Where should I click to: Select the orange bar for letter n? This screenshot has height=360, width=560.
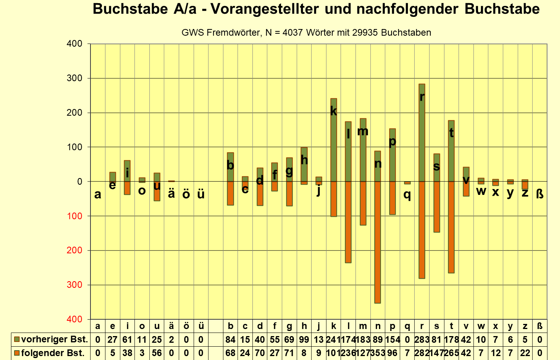(x=377, y=243)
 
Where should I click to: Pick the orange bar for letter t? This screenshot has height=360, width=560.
(x=451, y=227)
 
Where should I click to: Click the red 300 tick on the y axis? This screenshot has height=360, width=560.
(x=74, y=285)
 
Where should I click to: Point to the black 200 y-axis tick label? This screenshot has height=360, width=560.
(x=74, y=113)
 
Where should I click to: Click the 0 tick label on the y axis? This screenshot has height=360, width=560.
(x=80, y=182)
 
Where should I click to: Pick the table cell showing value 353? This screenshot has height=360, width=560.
(x=377, y=353)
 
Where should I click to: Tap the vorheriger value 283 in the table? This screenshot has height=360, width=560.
(x=422, y=340)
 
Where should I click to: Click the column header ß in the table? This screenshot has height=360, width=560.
(x=540, y=326)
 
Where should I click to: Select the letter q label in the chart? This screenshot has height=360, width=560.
(x=407, y=194)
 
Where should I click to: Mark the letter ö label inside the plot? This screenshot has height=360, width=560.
(x=186, y=194)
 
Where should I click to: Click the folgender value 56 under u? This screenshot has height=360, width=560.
(x=157, y=353)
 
